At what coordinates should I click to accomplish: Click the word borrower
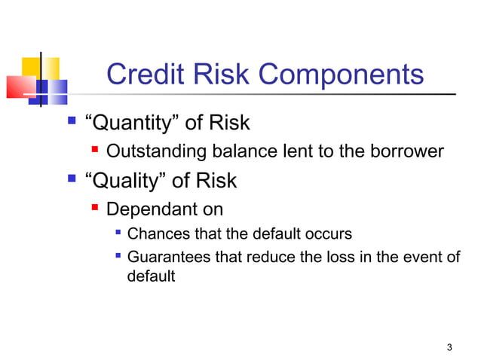406,151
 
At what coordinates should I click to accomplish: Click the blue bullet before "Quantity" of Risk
72,120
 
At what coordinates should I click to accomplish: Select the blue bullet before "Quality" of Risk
72,179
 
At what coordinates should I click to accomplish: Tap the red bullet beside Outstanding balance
97,150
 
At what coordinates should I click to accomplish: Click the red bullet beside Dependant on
97,206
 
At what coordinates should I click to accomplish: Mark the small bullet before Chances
118,233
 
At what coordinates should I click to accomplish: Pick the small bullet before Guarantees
118,256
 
